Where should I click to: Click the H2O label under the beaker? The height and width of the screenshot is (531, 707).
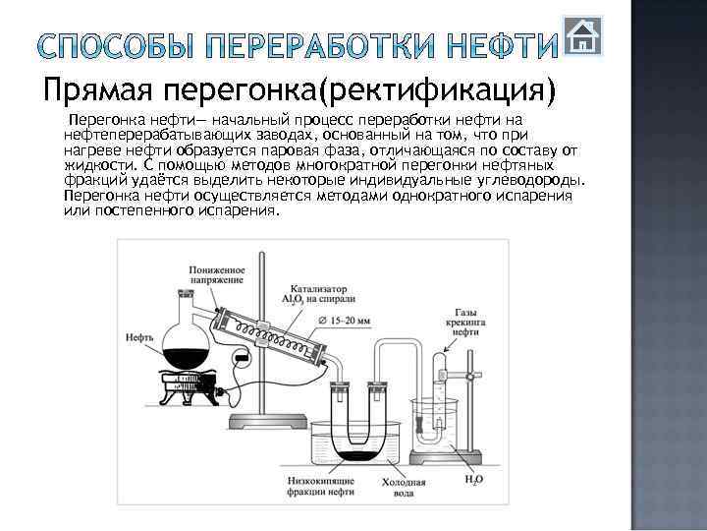(473, 480)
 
